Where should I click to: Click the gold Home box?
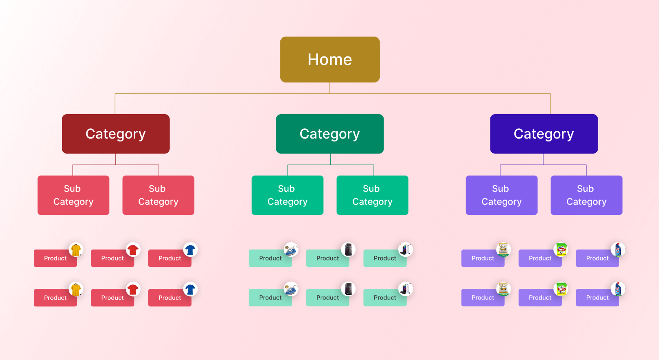pyautogui.click(x=329, y=59)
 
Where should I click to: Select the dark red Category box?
pyautogui.click(x=115, y=134)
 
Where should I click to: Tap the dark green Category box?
pyautogui.click(x=329, y=134)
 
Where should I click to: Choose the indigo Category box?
pyautogui.click(x=544, y=134)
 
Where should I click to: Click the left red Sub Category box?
pyautogui.click(x=73, y=195)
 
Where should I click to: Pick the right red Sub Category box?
pyautogui.click(x=158, y=195)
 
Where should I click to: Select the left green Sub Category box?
pyautogui.click(x=287, y=195)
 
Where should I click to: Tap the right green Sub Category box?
pyautogui.click(x=372, y=195)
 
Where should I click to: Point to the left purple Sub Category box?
pyautogui.click(x=501, y=195)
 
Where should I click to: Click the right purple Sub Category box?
pyautogui.click(x=586, y=195)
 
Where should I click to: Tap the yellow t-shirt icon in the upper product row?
pyautogui.click(x=76, y=250)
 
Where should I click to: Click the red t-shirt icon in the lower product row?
pyautogui.click(x=133, y=289)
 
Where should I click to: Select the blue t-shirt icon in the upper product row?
pyautogui.click(x=190, y=250)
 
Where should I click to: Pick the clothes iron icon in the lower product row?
pyautogui.click(x=290, y=289)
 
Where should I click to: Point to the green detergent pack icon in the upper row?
pyautogui.click(x=561, y=250)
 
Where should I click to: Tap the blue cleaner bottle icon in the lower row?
pyautogui.click(x=618, y=289)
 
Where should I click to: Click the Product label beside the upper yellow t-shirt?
pyautogui.click(x=55, y=258)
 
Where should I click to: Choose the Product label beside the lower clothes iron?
pyautogui.click(x=270, y=298)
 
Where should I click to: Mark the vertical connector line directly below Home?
pyautogui.click(x=330, y=88)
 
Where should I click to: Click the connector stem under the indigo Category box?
pyautogui.click(x=543, y=159)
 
